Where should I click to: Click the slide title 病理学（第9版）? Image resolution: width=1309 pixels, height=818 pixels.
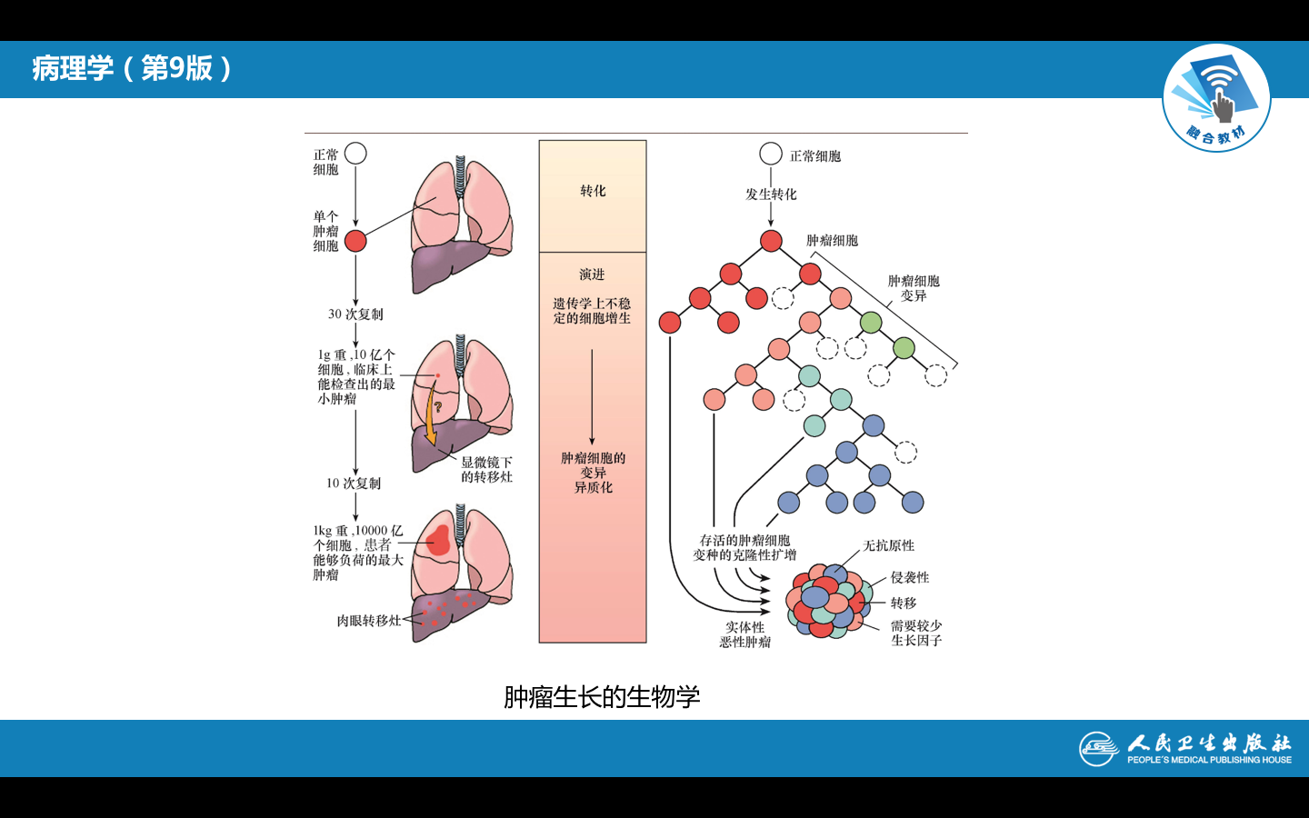tap(133, 68)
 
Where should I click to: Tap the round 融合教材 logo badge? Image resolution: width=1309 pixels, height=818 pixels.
tap(1216, 98)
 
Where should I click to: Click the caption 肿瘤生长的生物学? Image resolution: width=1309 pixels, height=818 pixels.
tap(602, 697)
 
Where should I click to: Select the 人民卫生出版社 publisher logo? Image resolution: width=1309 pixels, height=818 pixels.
tap(1185, 748)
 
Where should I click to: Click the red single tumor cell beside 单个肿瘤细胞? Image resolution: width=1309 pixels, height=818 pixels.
tap(355, 241)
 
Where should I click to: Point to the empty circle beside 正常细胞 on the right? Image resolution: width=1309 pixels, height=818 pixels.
tap(771, 155)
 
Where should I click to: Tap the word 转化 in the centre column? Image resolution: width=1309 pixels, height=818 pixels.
tap(593, 191)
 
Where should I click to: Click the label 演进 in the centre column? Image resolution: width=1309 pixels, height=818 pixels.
tap(592, 274)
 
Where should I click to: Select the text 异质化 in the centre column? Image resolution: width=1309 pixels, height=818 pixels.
tap(593, 488)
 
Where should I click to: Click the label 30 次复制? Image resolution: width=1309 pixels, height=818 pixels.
tap(355, 314)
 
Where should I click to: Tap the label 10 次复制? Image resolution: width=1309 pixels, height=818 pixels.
tap(354, 484)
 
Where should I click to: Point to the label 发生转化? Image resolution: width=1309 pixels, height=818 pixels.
tap(771, 195)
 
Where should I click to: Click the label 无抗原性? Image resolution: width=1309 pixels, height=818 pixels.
tap(889, 546)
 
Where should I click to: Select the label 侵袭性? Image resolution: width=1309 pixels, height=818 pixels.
tap(910, 578)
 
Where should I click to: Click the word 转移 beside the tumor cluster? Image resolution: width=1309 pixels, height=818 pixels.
tap(904, 604)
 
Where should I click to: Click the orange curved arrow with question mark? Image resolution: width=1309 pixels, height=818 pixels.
tap(431, 418)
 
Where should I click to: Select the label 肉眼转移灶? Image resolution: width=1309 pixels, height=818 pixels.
tap(368, 621)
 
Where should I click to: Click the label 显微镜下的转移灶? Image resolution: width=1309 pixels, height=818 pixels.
tap(486, 470)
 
